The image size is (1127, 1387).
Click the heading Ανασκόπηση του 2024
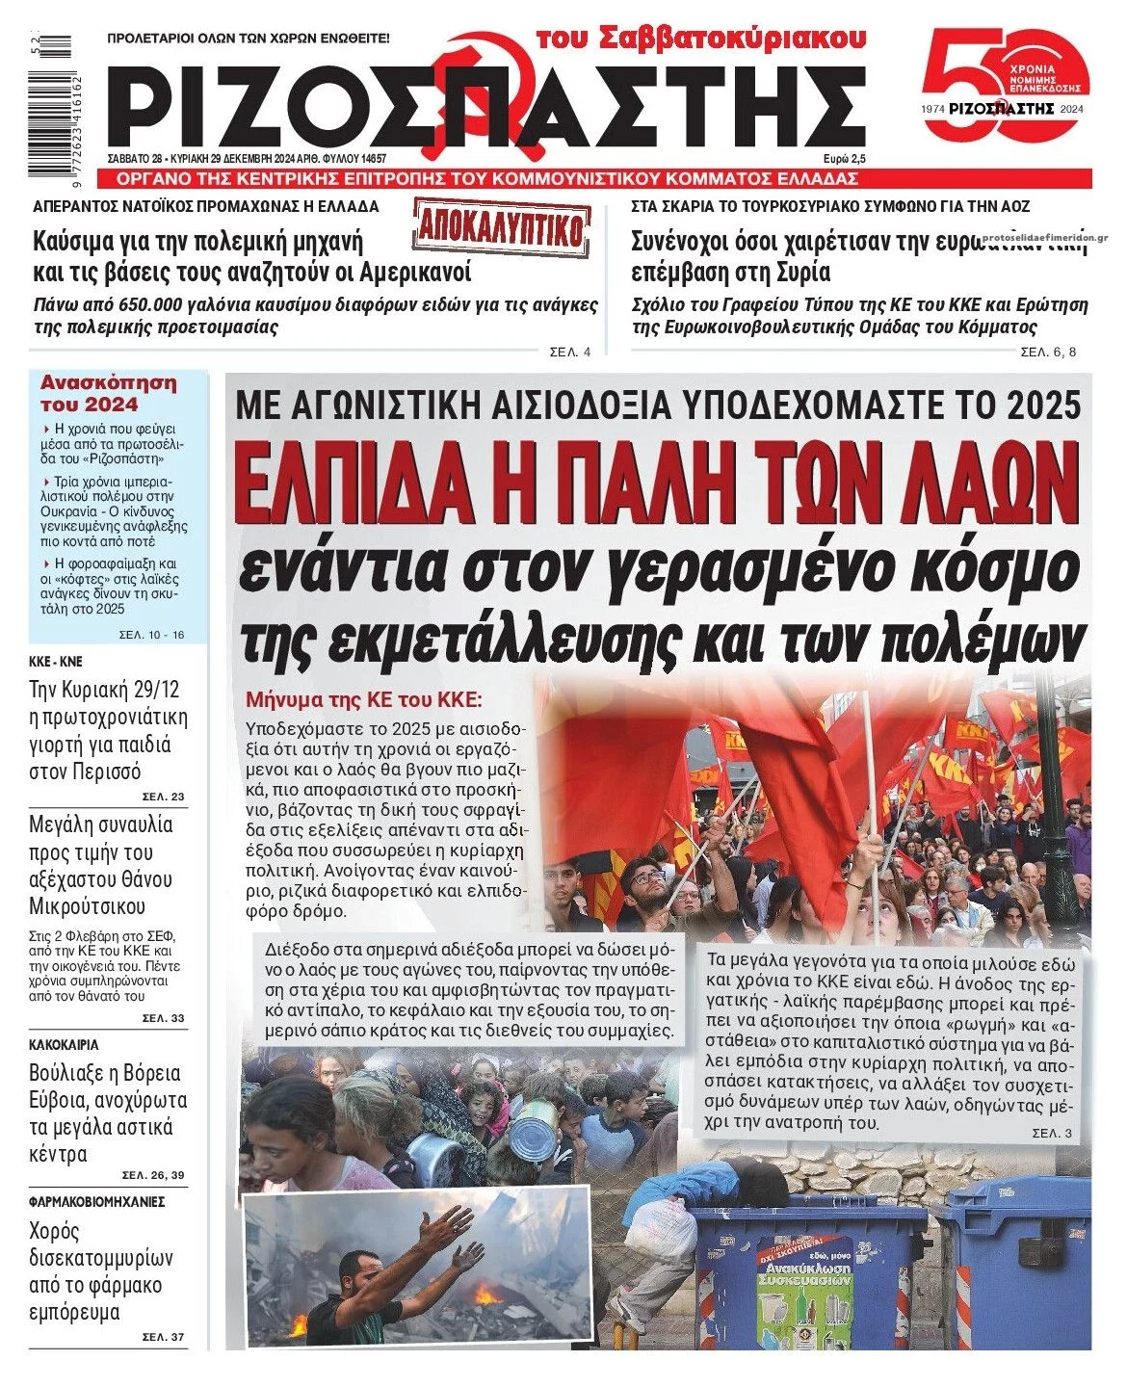[x=108, y=393]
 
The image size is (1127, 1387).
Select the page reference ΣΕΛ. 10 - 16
[x=150, y=635]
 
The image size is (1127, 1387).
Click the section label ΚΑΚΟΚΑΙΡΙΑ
[x=64, y=1044]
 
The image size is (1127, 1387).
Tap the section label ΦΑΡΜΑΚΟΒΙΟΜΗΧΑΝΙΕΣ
[x=96, y=1201]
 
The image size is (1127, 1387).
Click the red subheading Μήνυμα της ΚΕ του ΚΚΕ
[x=362, y=699]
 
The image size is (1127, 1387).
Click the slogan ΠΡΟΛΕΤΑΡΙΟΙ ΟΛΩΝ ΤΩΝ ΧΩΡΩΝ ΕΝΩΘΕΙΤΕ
[x=248, y=39]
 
